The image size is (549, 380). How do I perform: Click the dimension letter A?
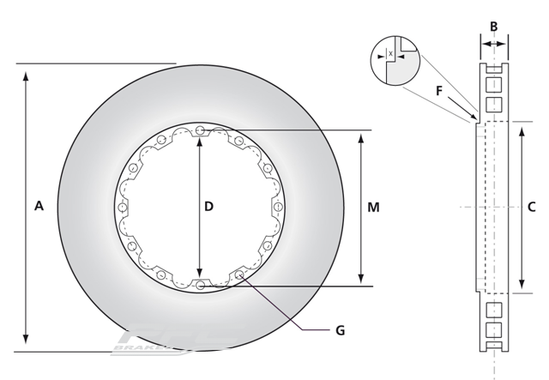pyautogui.click(x=39, y=206)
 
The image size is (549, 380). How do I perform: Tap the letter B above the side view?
pyautogui.click(x=493, y=27)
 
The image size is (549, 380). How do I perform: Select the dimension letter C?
pyautogui.click(x=531, y=207)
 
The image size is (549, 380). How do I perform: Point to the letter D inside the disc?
pyautogui.click(x=208, y=207)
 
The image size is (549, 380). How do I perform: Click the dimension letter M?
pyautogui.click(x=373, y=208)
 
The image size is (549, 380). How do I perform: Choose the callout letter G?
pyautogui.click(x=341, y=329)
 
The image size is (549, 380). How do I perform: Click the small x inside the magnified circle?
pyautogui.click(x=391, y=54)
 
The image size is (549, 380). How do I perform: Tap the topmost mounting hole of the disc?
pyautogui.click(x=200, y=130)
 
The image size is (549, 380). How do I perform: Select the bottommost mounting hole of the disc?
pyautogui.click(x=200, y=285)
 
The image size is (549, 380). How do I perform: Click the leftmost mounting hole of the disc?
pyautogui.click(x=123, y=208)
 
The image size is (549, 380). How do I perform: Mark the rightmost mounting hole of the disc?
pyautogui.click(x=277, y=208)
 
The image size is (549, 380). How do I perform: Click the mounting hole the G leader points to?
pyautogui.click(x=239, y=274)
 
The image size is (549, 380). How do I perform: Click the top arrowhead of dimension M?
pyautogui.click(x=360, y=137)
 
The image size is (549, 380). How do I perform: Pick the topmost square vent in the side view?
pyautogui.click(x=493, y=85)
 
